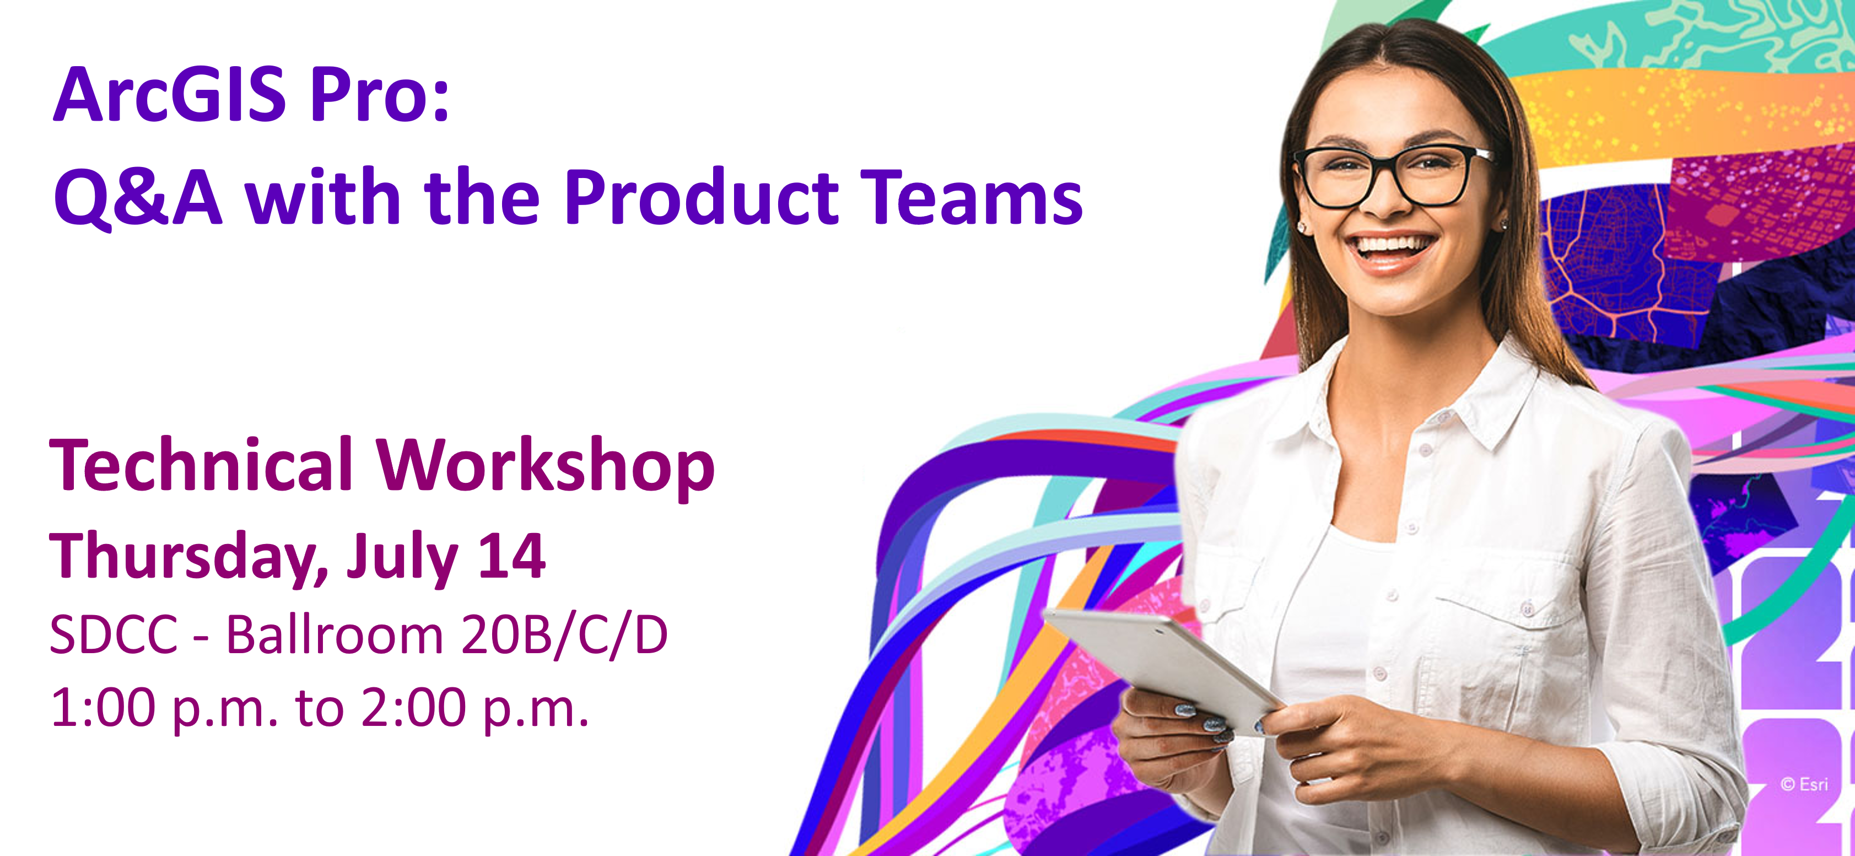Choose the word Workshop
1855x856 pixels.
(546, 466)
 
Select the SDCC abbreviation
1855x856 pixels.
(114, 635)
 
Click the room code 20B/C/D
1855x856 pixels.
(564, 635)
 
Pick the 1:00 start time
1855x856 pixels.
(103, 708)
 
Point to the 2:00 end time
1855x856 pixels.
(413, 708)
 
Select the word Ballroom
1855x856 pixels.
(334, 635)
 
